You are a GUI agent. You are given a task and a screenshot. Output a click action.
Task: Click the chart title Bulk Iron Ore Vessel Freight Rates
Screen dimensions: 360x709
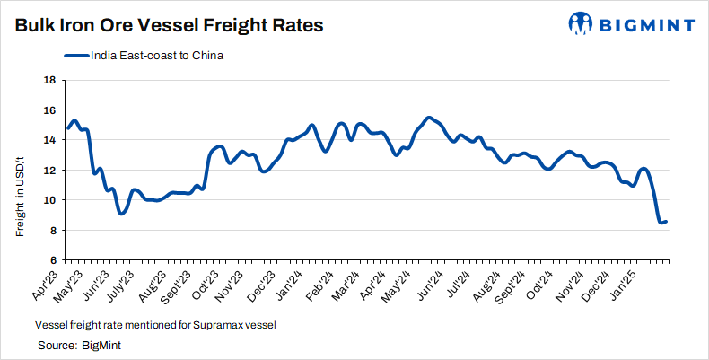pos(169,25)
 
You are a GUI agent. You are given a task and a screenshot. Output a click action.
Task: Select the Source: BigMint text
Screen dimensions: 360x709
pos(79,345)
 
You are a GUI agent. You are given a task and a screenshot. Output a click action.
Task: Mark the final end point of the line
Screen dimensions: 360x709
pos(665,221)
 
